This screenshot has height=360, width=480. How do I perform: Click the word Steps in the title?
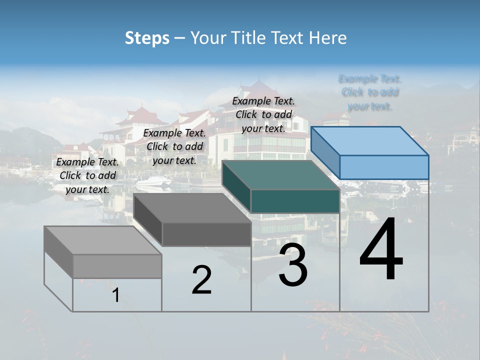click(147, 38)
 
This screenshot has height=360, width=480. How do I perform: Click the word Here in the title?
click(328, 38)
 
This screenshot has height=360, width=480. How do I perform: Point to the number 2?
click(201, 280)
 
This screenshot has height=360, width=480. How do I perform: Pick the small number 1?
click(115, 295)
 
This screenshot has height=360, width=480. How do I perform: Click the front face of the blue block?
click(384, 167)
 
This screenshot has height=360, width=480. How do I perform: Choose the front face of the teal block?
click(295, 201)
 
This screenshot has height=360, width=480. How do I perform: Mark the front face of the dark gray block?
click(206, 234)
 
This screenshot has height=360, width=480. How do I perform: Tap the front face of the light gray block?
click(117, 266)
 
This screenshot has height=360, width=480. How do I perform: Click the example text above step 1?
click(87, 175)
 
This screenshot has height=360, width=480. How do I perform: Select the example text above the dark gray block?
click(174, 146)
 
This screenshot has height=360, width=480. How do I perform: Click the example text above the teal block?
click(263, 114)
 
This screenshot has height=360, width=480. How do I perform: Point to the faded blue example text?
click(370, 92)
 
